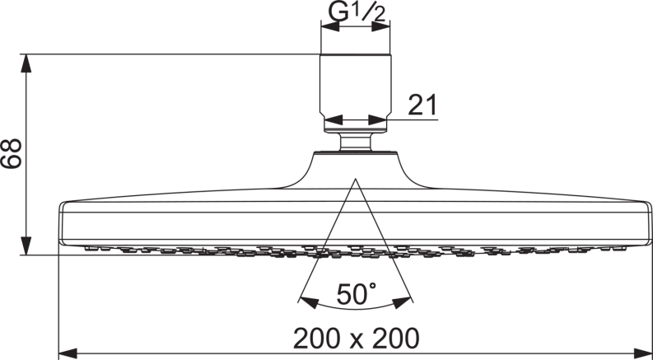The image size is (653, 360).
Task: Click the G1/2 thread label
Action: point(357,12)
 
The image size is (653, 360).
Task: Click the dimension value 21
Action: point(422,105)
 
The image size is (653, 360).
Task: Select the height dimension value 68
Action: point(11,153)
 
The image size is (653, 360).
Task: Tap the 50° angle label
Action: point(357,294)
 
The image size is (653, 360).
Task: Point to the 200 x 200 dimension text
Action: point(357,338)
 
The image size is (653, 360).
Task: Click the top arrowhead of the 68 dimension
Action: point(26,63)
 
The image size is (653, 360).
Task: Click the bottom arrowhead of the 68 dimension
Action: point(26,245)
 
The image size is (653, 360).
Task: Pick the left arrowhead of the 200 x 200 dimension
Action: point(68,353)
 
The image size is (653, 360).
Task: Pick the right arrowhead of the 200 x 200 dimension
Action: point(642,353)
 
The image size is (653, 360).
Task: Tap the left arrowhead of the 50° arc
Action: point(309,302)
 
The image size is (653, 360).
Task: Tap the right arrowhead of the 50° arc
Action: point(402,302)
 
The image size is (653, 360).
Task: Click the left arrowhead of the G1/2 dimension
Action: point(330,26)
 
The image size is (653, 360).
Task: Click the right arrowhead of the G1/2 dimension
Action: point(381,26)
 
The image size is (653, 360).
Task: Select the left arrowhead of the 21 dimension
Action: point(333,120)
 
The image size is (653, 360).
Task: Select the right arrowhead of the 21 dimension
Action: point(378,120)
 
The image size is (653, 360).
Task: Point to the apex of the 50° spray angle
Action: point(355,179)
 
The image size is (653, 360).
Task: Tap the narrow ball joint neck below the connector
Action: point(356,142)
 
